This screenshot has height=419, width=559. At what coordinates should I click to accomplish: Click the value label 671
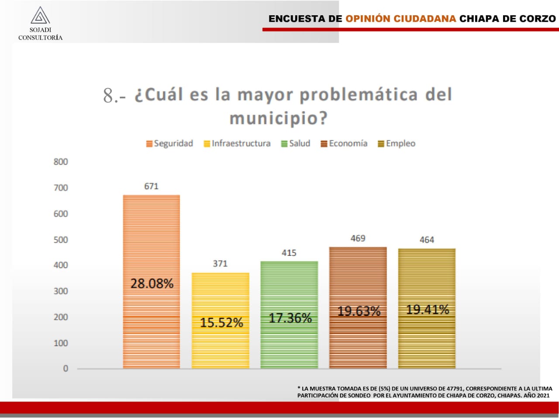tap(151, 186)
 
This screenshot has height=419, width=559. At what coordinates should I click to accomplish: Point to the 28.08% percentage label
tap(152, 283)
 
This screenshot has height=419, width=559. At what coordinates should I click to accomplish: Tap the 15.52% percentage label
tap(221, 322)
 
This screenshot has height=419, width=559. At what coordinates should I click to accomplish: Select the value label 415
tap(289, 253)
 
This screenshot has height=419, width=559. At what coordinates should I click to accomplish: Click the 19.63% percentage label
tap(359, 311)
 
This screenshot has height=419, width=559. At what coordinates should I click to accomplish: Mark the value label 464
tap(427, 240)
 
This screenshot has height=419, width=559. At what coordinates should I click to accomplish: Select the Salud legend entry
tap(296, 143)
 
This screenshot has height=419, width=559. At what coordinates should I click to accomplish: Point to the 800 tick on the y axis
tap(61, 162)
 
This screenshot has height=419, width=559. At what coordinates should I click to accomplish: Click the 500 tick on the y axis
tap(61, 239)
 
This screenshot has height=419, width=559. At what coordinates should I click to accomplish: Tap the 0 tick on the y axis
tap(66, 368)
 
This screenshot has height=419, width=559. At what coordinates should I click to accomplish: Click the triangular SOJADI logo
tap(40, 15)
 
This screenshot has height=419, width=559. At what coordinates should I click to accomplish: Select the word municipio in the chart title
tap(278, 118)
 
